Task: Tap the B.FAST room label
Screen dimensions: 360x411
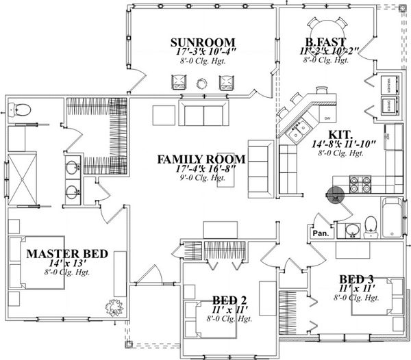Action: pyautogui.click(x=320, y=40)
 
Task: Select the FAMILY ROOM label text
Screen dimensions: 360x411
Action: pyautogui.click(x=201, y=159)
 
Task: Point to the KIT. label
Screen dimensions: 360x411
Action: pyautogui.click(x=341, y=134)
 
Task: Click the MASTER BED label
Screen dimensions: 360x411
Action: pyautogui.click(x=67, y=254)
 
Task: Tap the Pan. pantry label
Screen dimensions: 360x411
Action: pyautogui.click(x=320, y=233)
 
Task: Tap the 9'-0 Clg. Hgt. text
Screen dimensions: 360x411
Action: pyautogui.click(x=201, y=178)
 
